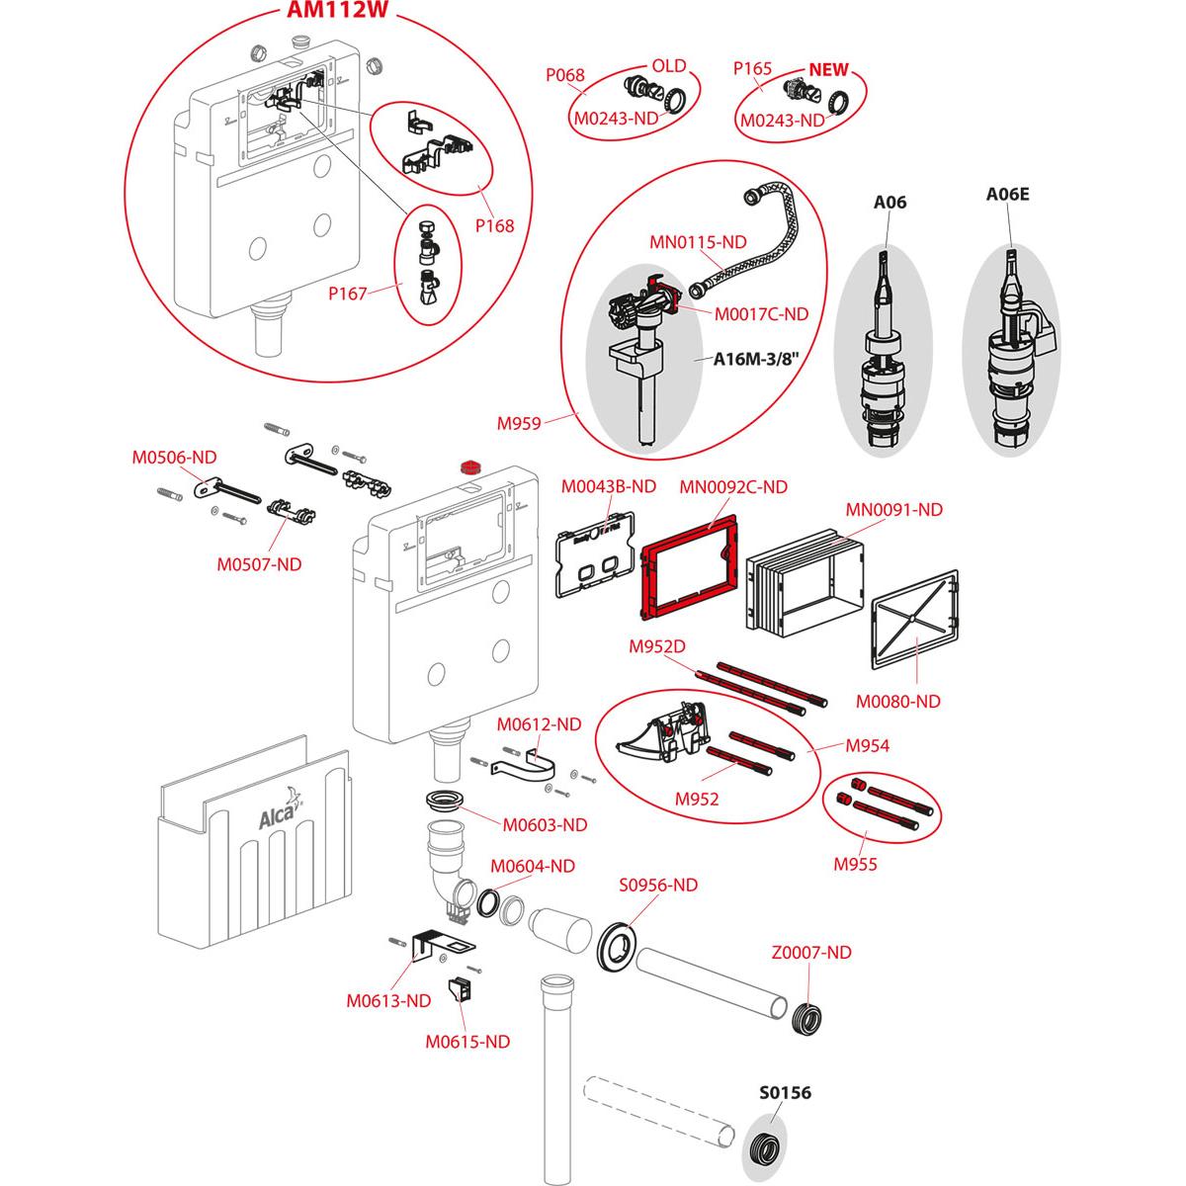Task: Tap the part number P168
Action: [x=494, y=225]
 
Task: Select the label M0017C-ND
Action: [x=761, y=313]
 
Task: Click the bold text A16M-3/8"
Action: [x=756, y=360]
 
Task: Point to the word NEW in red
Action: [x=829, y=71]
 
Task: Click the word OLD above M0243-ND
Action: [x=668, y=66]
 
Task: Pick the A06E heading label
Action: [x=1007, y=194]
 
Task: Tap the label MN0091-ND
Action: [x=893, y=510]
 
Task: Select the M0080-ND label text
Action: [x=897, y=701]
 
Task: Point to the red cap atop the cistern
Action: [x=471, y=465]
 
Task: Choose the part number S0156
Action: [x=785, y=1093]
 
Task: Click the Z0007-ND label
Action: [x=810, y=953]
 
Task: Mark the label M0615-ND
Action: [x=467, y=1041]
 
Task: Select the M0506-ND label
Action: [x=174, y=457]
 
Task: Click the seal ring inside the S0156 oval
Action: [x=763, y=1150]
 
